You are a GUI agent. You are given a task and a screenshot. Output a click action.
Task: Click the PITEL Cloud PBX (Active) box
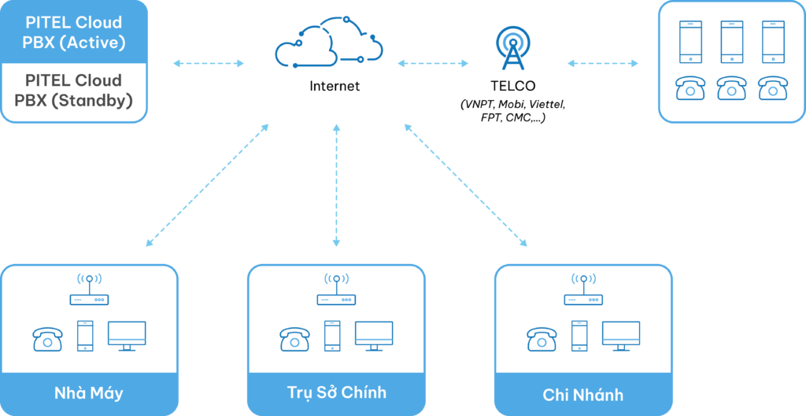click(x=74, y=32)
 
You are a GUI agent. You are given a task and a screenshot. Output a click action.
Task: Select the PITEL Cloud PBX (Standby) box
click(x=74, y=91)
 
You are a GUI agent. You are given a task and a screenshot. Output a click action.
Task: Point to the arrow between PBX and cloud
click(x=208, y=63)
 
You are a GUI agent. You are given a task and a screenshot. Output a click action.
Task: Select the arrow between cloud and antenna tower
click(x=433, y=63)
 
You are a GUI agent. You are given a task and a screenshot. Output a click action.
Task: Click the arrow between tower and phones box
click(x=603, y=63)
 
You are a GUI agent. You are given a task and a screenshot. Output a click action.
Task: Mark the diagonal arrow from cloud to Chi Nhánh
click(x=466, y=184)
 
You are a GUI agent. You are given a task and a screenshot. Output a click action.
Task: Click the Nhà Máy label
click(x=89, y=393)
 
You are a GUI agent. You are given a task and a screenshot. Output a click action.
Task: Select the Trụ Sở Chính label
click(x=336, y=392)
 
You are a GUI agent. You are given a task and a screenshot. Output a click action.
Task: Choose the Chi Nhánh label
click(x=583, y=394)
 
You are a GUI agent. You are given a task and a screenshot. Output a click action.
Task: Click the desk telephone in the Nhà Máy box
click(x=47, y=339)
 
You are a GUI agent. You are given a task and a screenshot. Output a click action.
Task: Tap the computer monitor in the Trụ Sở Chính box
click(x=374, y=336)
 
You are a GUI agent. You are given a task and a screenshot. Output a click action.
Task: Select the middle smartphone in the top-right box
click(x=731, y=41)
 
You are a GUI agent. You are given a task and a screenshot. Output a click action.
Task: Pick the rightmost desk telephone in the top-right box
click(x=772, y=87)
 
